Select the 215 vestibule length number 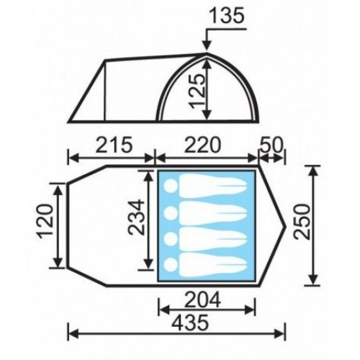coord(114,145)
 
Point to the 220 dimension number coord(202,145)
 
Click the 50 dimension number coord(271,145)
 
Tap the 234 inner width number coord(137,217)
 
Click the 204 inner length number coord(202,300)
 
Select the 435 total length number coord(191,323)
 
